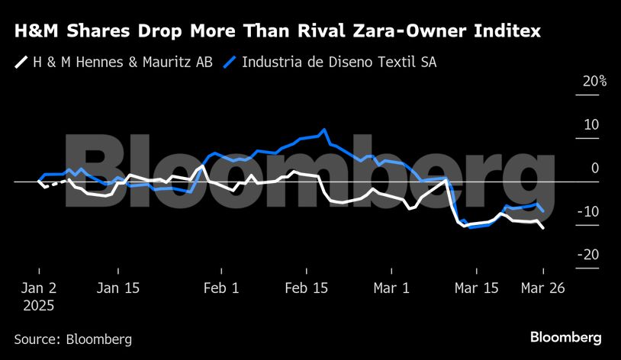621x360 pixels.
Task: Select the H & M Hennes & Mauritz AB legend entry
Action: click(x=123, y=62)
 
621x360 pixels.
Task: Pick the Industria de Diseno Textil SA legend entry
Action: click(x=339, y=62)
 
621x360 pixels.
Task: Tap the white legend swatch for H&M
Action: click(x=21, y=62)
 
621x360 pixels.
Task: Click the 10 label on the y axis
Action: click(x=592, y=125)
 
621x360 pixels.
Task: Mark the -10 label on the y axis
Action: click(x=590, y=212)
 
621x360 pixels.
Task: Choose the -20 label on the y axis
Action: click(x=590, y=256)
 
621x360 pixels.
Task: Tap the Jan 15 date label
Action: click(x=118, y=288)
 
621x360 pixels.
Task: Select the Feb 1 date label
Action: click(x=222, y=288)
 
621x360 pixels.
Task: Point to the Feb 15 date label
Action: click(x=307, y=288)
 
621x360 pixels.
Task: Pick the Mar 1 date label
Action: click(x=391, y=288)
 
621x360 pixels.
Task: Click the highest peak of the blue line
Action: click(x=325, y=130)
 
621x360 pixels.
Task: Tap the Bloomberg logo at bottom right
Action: click(x=565, y=337)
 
